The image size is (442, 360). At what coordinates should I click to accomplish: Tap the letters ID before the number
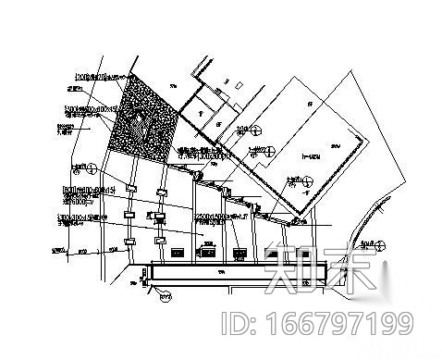238,324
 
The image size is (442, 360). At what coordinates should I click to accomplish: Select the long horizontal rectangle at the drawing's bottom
236,274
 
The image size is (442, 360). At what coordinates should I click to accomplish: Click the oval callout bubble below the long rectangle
166,296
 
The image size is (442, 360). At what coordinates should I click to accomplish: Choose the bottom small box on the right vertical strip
160,240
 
